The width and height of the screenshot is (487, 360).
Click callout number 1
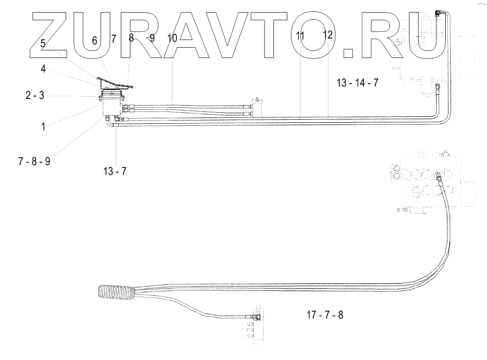(43, 127)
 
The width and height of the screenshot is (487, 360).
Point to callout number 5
(43, 44)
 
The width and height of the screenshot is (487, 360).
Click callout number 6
(95, 40)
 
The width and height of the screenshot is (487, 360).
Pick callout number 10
(173, 38)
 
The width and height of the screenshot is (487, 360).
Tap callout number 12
(328, 35)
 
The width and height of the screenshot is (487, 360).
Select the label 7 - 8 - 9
(34, 161)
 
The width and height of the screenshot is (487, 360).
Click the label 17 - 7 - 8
(325, 315)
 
